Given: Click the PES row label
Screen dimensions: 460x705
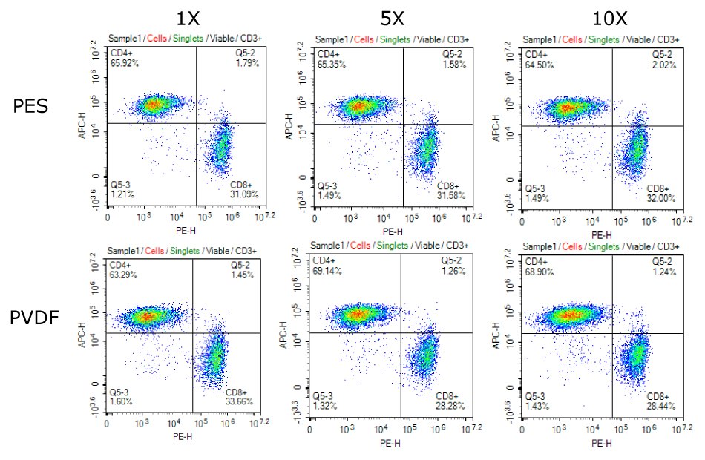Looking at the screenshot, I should point(31,106).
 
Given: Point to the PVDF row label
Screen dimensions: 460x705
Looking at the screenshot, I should point(34,320).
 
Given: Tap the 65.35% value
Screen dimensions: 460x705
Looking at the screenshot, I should point(332,65).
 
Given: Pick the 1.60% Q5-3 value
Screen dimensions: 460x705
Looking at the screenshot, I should point(122,401).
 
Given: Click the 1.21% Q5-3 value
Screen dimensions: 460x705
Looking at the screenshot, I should point(122,194).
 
